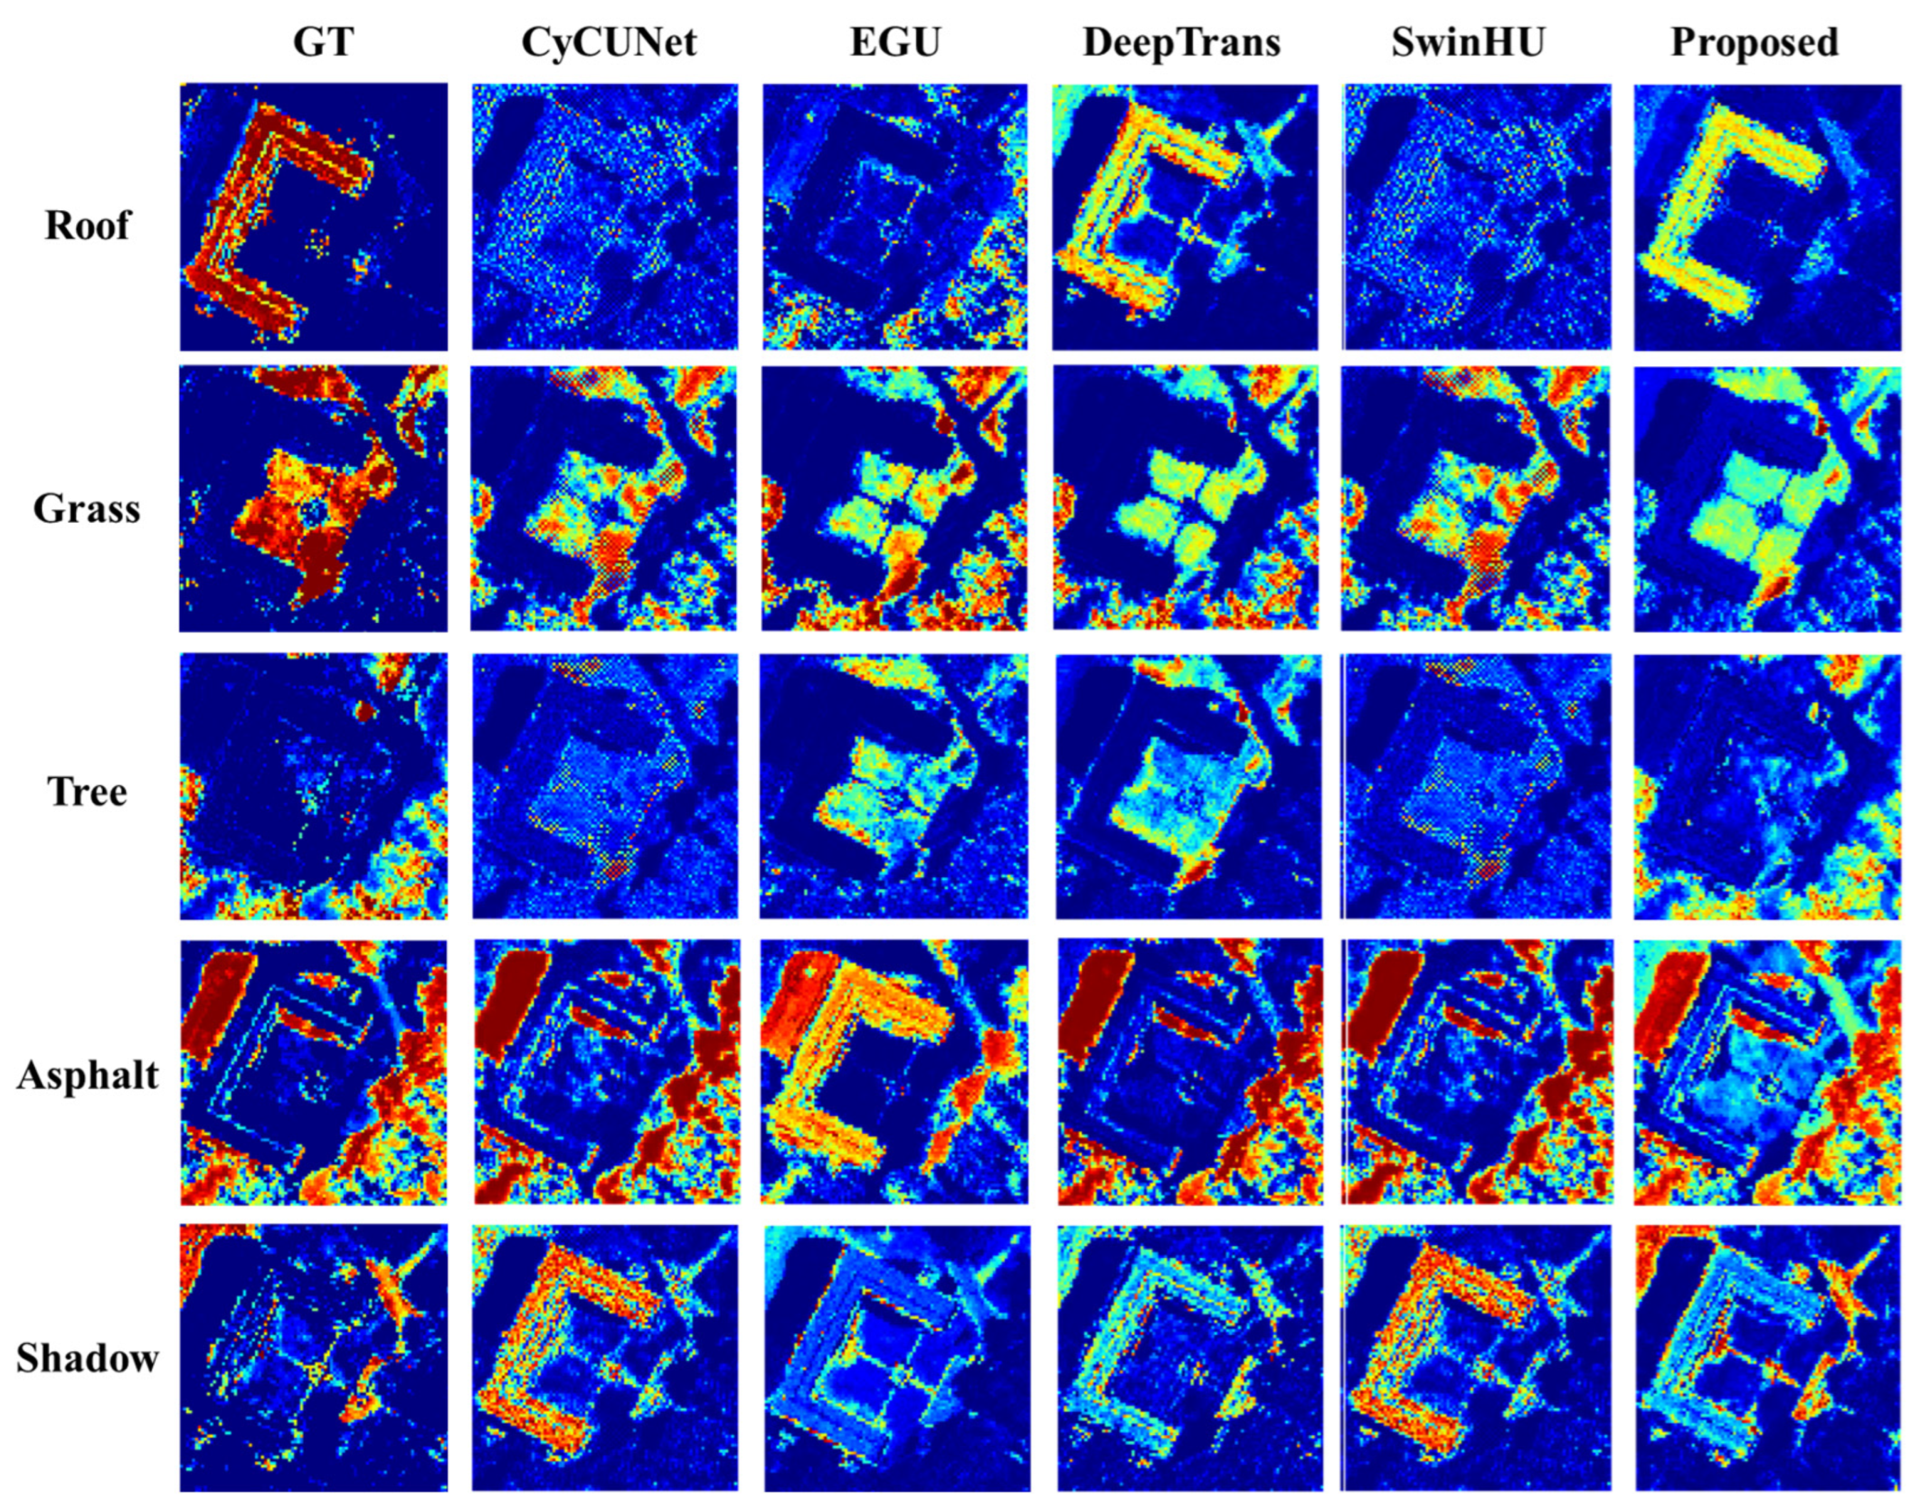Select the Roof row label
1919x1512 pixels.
click(x=88, y=225)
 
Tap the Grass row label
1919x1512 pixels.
click(x=87, y=508)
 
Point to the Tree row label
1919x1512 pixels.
click(x=87, y=790)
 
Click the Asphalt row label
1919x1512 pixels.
click(x=88, y=1073)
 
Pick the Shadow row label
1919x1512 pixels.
click(x=87, y=1357)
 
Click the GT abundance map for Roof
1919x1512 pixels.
click(x=313, y=217)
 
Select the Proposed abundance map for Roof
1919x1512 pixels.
click(x=1767, y=217)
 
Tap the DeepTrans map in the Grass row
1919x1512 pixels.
click(x=1185, y=498)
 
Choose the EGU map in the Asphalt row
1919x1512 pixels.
click(x=894, y=1071)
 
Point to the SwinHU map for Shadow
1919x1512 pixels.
click(x=1476, y=1357)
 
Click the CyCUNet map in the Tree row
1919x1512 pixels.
click(x=604, y=785)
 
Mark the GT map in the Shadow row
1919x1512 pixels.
click(x=313, y=1357)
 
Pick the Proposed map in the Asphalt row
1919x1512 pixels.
click(x=1767, y=1071)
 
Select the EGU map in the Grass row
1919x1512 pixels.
click(x=894, y=498)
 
